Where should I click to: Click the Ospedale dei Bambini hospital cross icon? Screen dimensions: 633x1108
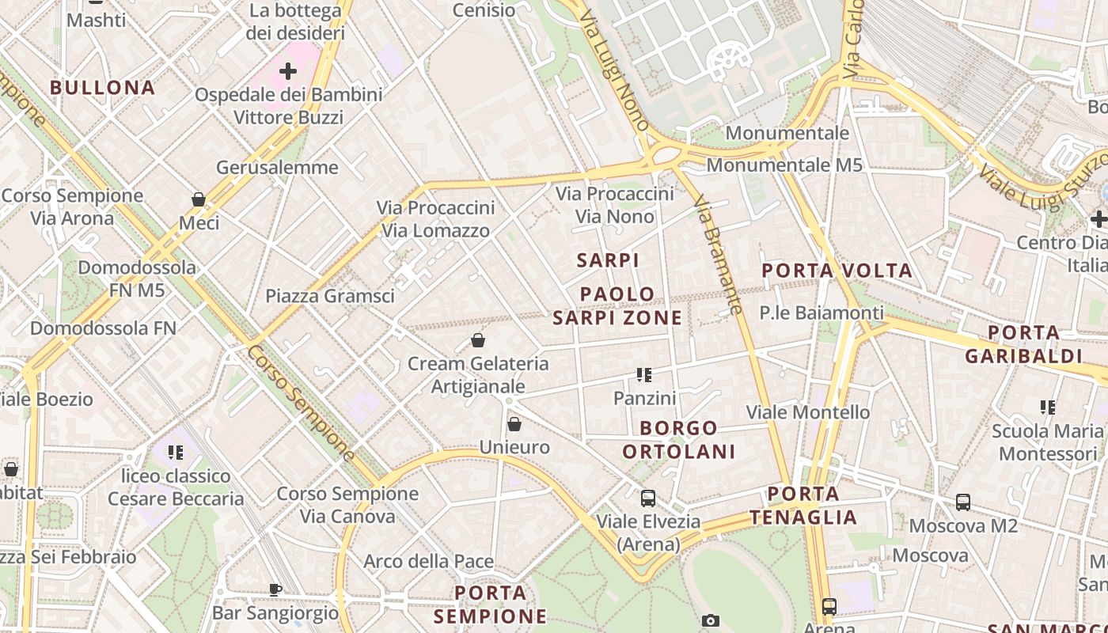click(x=288, y=71)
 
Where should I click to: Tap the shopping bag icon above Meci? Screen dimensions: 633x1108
click(x=199, y=199)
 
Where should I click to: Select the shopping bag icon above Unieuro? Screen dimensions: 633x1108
click(x=514, y=425)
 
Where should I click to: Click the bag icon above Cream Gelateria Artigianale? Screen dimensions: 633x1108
click(x=478, y=341)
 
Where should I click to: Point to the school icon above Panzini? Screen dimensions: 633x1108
click(x=644, y=375)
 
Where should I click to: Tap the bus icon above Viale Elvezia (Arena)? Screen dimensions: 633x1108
click(x=648, y=498)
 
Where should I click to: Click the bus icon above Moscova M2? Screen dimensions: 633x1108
click(x=963, y=502)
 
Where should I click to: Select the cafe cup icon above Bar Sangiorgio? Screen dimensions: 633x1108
click(x=275, y=589)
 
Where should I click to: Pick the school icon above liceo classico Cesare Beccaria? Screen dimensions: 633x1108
click(x=175, y=453)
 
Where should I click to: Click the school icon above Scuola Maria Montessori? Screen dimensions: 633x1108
click(x=1048, y=407)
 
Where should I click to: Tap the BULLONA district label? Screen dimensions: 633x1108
click(x=103, y=87)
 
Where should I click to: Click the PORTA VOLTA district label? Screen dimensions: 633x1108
click(x=837, y=271)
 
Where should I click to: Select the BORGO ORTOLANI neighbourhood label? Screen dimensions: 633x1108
click(x=679, y=440)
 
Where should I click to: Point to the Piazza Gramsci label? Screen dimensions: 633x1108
click(x=329, y=296)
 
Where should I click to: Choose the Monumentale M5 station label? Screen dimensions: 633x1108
click(x=784, y=165)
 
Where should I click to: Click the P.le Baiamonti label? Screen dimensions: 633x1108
click(x=822, y=313)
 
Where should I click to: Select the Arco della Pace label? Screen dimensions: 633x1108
click(x=428, y=562)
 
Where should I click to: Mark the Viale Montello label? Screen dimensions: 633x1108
click(x=808, y=412)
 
